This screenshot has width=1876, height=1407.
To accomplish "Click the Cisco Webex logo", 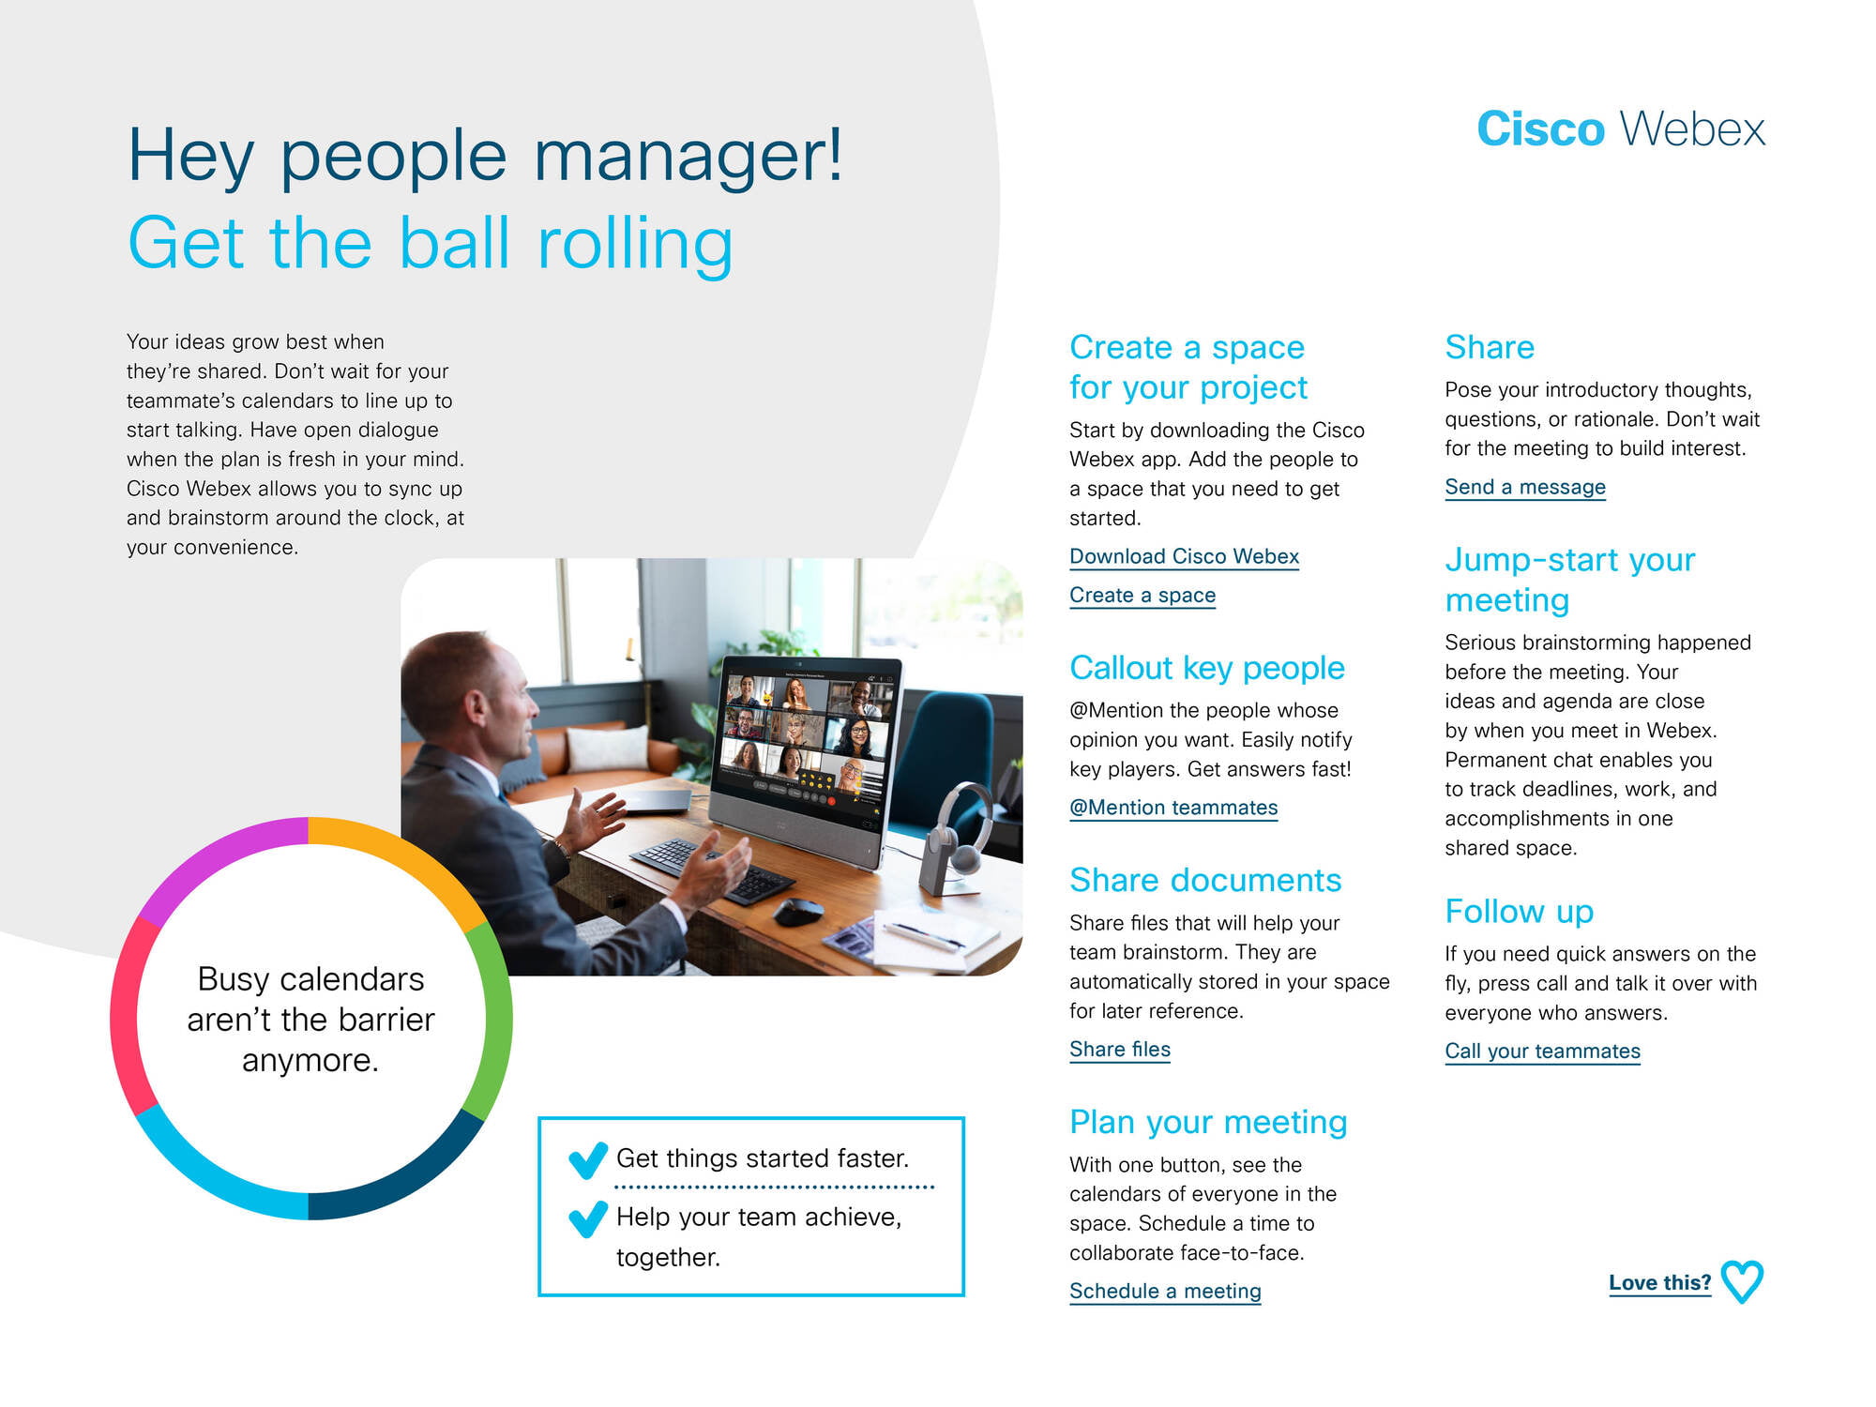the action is coord(1621,129).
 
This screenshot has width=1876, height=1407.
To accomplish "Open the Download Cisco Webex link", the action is coord(1184,556).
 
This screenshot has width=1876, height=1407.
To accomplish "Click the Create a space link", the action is coord(1142,596).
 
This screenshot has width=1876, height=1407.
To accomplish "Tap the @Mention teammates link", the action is coord(1173,808).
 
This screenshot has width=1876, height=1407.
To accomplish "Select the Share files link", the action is coord(1120,1050).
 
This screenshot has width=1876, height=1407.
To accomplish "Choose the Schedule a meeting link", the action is coord(1165,1292).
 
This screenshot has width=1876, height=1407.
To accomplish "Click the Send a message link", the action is coord(1525,488).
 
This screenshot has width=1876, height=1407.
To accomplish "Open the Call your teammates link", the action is coord(1542,1051).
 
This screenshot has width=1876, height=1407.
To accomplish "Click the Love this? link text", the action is coord(1659,1282).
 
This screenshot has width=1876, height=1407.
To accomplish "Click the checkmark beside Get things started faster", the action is coord(588,1160).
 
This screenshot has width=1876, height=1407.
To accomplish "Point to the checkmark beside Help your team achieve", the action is coord(588,1218).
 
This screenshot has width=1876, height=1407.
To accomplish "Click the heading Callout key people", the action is coord(1207,668).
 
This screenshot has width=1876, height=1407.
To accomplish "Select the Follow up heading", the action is coord(1520,911).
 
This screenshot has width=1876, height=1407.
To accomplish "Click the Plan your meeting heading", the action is coord(1208,1122).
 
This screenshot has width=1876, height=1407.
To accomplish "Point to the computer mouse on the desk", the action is coord(798,911).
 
